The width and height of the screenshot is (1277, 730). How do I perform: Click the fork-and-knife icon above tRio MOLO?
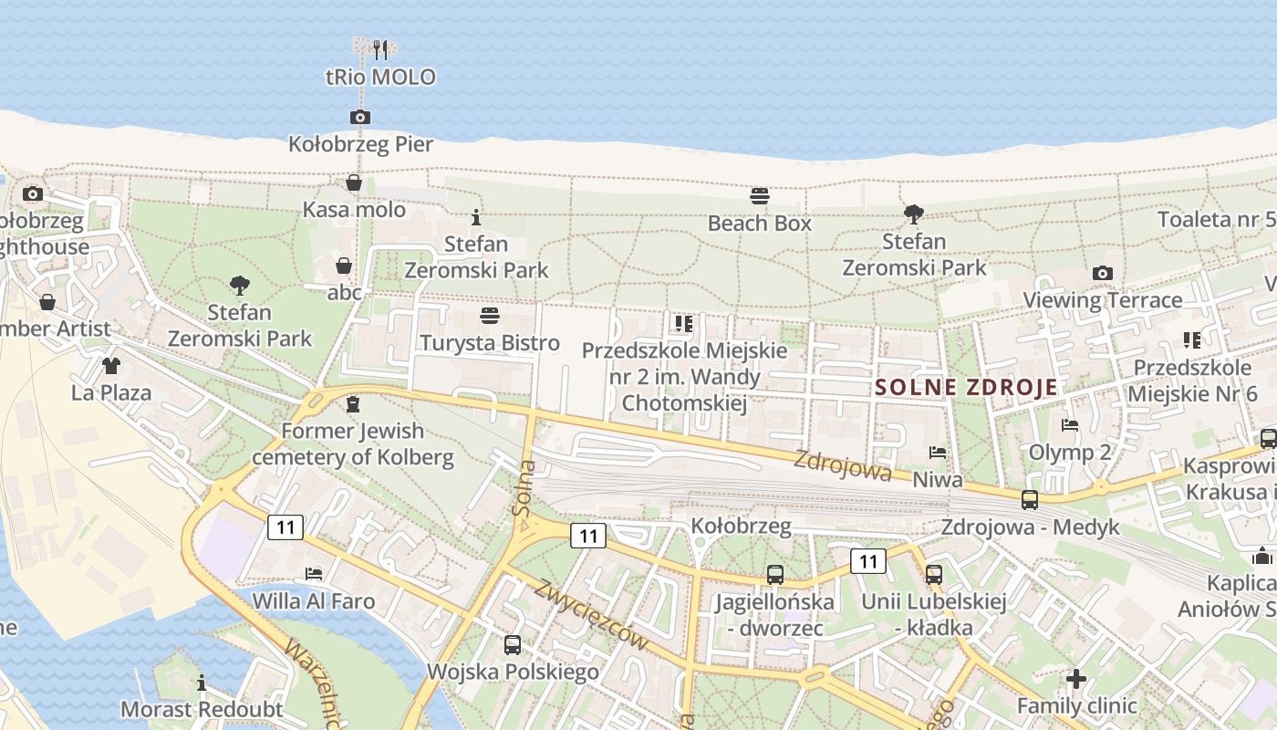point(380,49)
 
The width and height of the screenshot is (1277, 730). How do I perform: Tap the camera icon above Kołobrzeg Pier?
point(360,117)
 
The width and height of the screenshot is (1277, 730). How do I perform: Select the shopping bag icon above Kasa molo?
point(354,182)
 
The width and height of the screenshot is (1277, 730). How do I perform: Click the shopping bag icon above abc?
point(344,266)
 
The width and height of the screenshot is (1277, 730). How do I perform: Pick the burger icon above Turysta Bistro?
point(490,316)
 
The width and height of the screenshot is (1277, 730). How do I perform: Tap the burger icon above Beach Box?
point(760,195)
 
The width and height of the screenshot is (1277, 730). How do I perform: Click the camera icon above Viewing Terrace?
point(1102,273)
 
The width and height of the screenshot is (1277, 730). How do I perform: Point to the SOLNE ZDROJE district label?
point(966,387)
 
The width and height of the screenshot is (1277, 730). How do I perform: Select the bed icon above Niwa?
point(938,452)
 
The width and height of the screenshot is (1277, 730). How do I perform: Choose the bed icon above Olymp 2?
point(1070,424)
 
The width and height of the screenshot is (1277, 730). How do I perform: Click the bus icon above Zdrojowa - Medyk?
point(1030,500)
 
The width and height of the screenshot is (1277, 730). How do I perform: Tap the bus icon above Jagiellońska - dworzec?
point(774,575)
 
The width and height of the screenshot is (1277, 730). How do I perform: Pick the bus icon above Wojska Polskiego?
point(513,645)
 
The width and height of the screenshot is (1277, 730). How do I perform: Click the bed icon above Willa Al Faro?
point(314,574)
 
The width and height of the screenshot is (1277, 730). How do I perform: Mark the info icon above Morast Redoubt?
point(202,683)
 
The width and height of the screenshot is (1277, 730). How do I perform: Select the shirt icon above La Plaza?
point(111,366)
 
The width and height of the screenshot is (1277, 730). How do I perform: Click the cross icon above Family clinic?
point(1076,679)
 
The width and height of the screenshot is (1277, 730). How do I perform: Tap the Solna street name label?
point(525,489)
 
